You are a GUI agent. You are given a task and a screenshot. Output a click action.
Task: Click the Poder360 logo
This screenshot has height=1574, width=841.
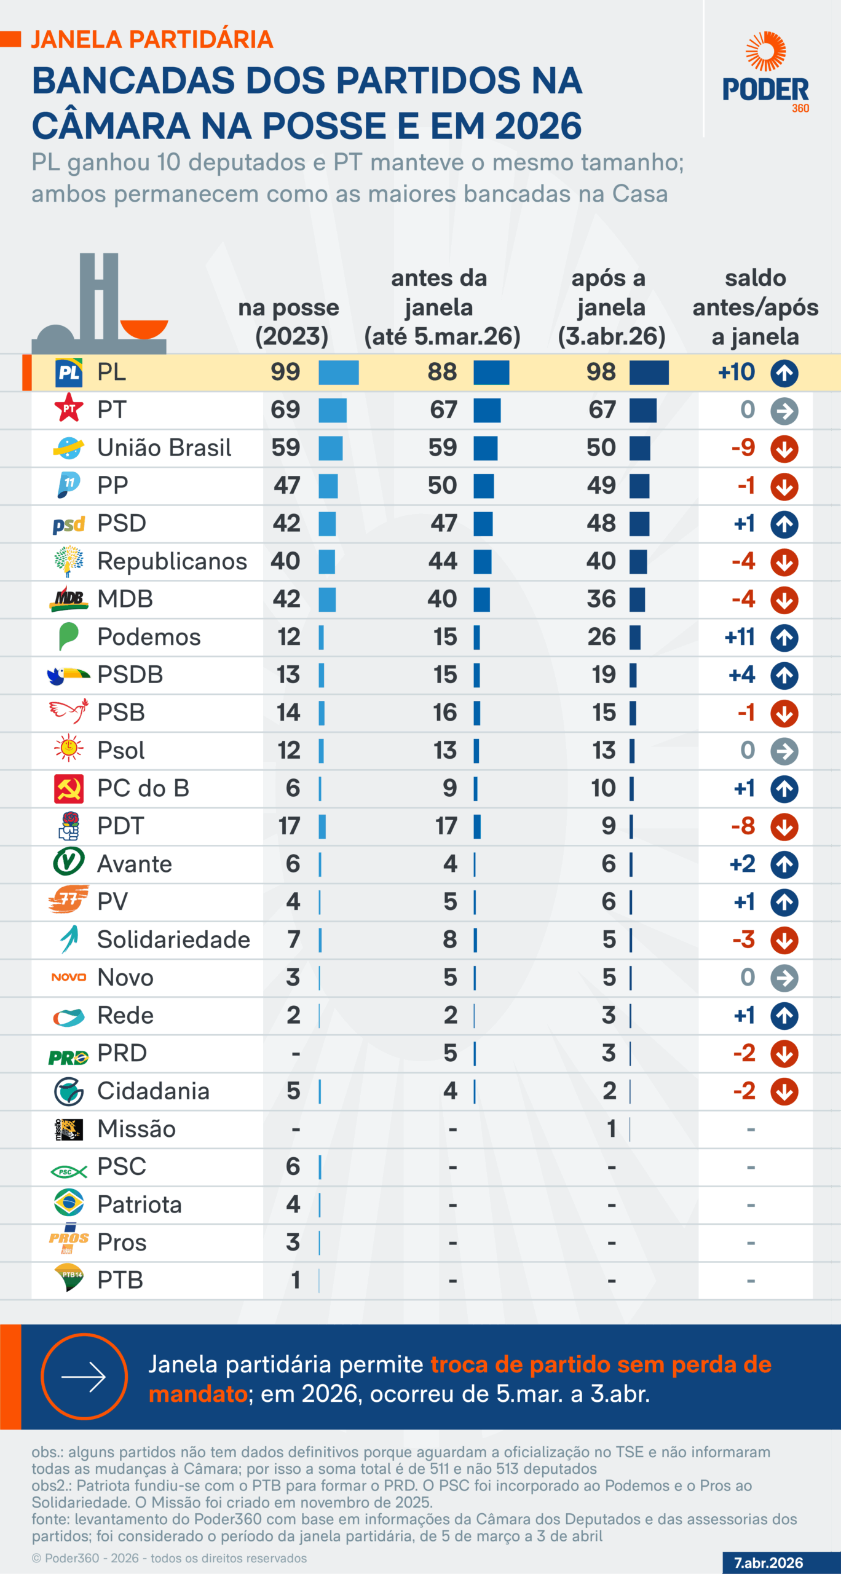(765, 73)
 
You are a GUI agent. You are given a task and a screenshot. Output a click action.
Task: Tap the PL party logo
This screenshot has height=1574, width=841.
(69, 373)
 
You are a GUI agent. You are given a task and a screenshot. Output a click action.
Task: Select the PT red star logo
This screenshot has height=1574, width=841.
(69, 409)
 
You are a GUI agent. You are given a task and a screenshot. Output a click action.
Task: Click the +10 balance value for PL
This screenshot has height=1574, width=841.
(736, 372)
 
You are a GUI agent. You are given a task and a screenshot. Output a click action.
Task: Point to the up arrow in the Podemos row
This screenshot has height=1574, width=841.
(784, 638)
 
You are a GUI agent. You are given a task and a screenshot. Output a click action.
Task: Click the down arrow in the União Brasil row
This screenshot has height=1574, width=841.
(784, 448)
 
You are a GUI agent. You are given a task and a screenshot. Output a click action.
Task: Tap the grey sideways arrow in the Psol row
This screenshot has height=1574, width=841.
(784, 751)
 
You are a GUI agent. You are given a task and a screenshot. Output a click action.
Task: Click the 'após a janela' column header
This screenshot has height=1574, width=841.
(611, 307)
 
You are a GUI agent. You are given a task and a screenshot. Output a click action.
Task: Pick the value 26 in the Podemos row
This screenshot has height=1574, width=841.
(601, 637)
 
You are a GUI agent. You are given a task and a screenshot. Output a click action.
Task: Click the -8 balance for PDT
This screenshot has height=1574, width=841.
(743, 826)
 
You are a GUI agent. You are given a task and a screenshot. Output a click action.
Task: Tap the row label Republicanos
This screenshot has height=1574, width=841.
(172, 561)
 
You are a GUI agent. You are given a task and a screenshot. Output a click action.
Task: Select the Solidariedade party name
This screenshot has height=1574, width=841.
(173, 939)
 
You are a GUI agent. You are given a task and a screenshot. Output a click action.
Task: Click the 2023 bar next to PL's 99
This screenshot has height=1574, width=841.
(339, 373)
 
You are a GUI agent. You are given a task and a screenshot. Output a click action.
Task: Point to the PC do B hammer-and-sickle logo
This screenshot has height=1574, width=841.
(69, 789)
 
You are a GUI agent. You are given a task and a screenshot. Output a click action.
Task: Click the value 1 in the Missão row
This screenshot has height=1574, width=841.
(611, 1129)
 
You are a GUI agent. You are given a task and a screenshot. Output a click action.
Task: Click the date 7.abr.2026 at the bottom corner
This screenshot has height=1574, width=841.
(768, 1562)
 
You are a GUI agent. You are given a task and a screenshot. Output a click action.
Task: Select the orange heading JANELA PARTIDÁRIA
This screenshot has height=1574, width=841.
(152, 39)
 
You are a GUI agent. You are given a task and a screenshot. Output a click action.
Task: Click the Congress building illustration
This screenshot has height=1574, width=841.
(100, 304)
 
